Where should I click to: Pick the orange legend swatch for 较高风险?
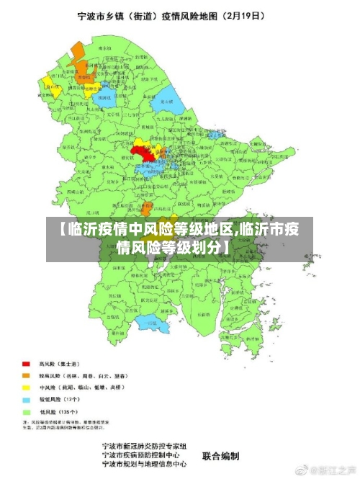point(26,375)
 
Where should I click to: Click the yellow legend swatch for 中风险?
point(26,387)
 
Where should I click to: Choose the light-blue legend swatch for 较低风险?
point(26,398)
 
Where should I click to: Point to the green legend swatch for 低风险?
point(26,411)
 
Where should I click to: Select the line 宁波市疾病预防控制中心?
point(140,456)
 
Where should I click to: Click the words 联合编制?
point(221,456)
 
